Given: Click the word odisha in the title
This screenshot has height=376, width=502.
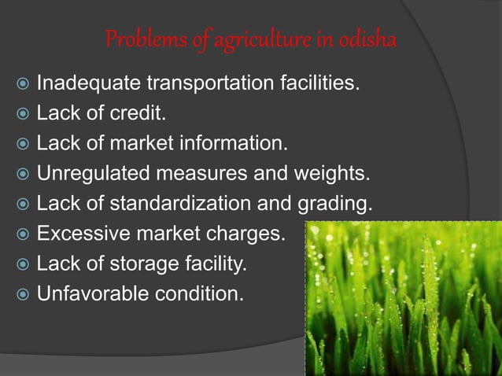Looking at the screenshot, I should coord(367,39).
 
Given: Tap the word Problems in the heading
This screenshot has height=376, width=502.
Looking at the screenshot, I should coord(135,39).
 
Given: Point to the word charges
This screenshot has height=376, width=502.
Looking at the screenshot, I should coord(250,234).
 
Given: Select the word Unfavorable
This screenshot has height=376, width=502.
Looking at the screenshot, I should coord(90,295).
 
